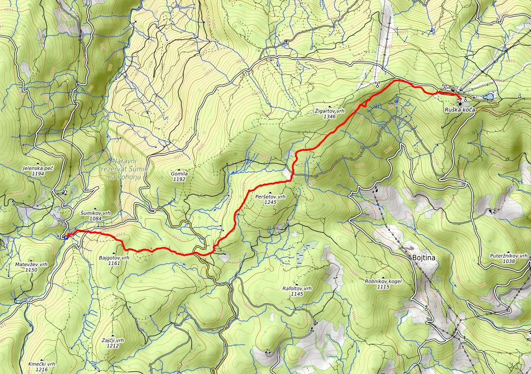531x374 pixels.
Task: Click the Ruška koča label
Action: click(459, 109)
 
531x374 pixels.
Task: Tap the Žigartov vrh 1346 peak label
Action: click(330, 114)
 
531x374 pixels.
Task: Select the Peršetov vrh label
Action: click(270, 199)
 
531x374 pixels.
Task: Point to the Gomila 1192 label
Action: click(179, 176)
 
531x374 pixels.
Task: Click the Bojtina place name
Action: click(423, 258)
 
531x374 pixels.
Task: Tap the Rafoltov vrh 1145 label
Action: click(297, 291)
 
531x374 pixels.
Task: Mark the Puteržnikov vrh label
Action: click(509, 258)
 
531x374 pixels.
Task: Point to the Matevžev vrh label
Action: click(31, 267)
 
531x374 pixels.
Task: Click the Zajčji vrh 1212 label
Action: click(112, 342)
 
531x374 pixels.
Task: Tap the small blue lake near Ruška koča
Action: click(488, 97)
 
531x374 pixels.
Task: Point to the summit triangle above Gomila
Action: click(179, 169)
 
